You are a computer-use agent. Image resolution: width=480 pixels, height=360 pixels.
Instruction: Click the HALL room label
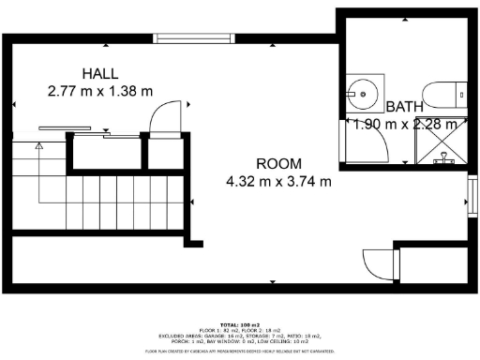[100, 74]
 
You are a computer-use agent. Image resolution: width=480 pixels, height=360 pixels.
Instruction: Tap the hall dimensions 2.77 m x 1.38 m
[100, 91]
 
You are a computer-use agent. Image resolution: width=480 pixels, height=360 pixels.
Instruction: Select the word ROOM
[278, 162]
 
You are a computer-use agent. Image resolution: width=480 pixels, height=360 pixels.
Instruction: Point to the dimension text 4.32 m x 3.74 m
[278, 181]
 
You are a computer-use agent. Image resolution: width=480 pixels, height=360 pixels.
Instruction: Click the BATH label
[404, 106]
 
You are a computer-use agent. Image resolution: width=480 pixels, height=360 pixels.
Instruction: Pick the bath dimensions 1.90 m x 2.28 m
[404, 124]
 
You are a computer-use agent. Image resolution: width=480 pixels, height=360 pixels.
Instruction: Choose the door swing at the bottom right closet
[376, 264]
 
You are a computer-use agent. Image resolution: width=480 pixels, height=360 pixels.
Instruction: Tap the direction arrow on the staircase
[39, 147]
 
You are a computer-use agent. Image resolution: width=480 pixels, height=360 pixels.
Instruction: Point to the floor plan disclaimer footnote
[240, 351]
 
